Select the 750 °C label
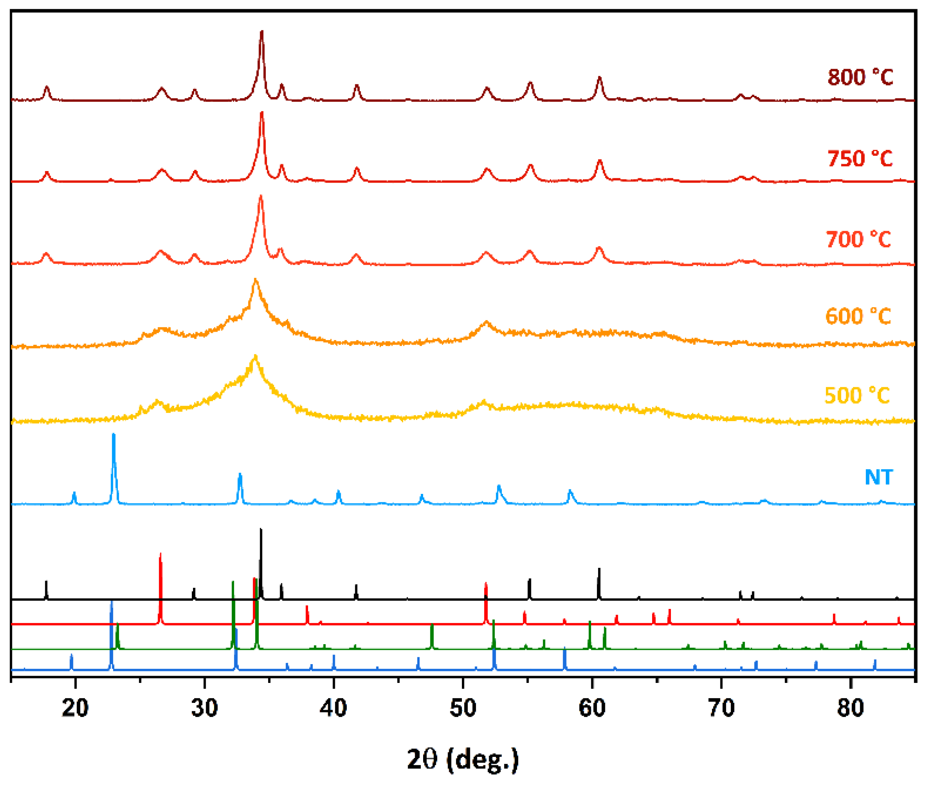[x=859, y=159]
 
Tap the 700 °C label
[x=858, y=240]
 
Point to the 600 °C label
[x=858, y=317]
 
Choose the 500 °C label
[x=857, y=396]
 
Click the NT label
[x=878, y=478]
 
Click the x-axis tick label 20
[x=75, y=708]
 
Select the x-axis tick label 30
[x=204, y=708]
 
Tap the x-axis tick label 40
[x=333, y=708]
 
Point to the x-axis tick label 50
[x=463, y=708]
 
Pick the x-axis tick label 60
[x=592, y=708]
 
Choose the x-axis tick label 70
[x=721, y=708]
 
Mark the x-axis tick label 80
[x=850, y=708]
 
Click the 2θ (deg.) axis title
[x=463, y=759]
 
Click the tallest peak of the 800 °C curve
[x=262, y=32]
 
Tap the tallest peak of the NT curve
[x=113, y=435]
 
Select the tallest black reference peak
[x=261, y=530]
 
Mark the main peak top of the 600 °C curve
[x=256, y=280]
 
